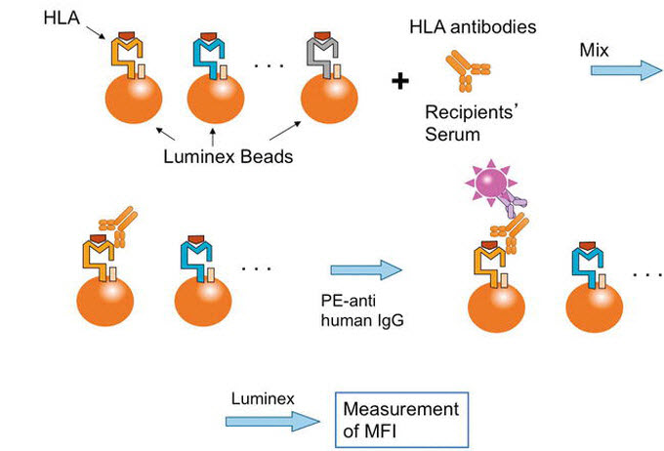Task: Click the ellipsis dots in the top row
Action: [x=267, y=65]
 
